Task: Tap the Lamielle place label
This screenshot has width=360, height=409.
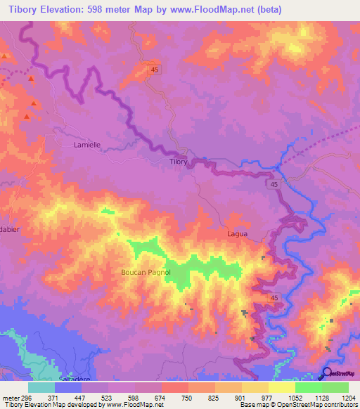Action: coord(88,145)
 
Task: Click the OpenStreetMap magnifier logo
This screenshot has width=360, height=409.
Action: coord(328,372)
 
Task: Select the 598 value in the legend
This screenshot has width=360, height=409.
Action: coord(134,397)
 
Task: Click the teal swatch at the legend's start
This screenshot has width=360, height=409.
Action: coord(41,387)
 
